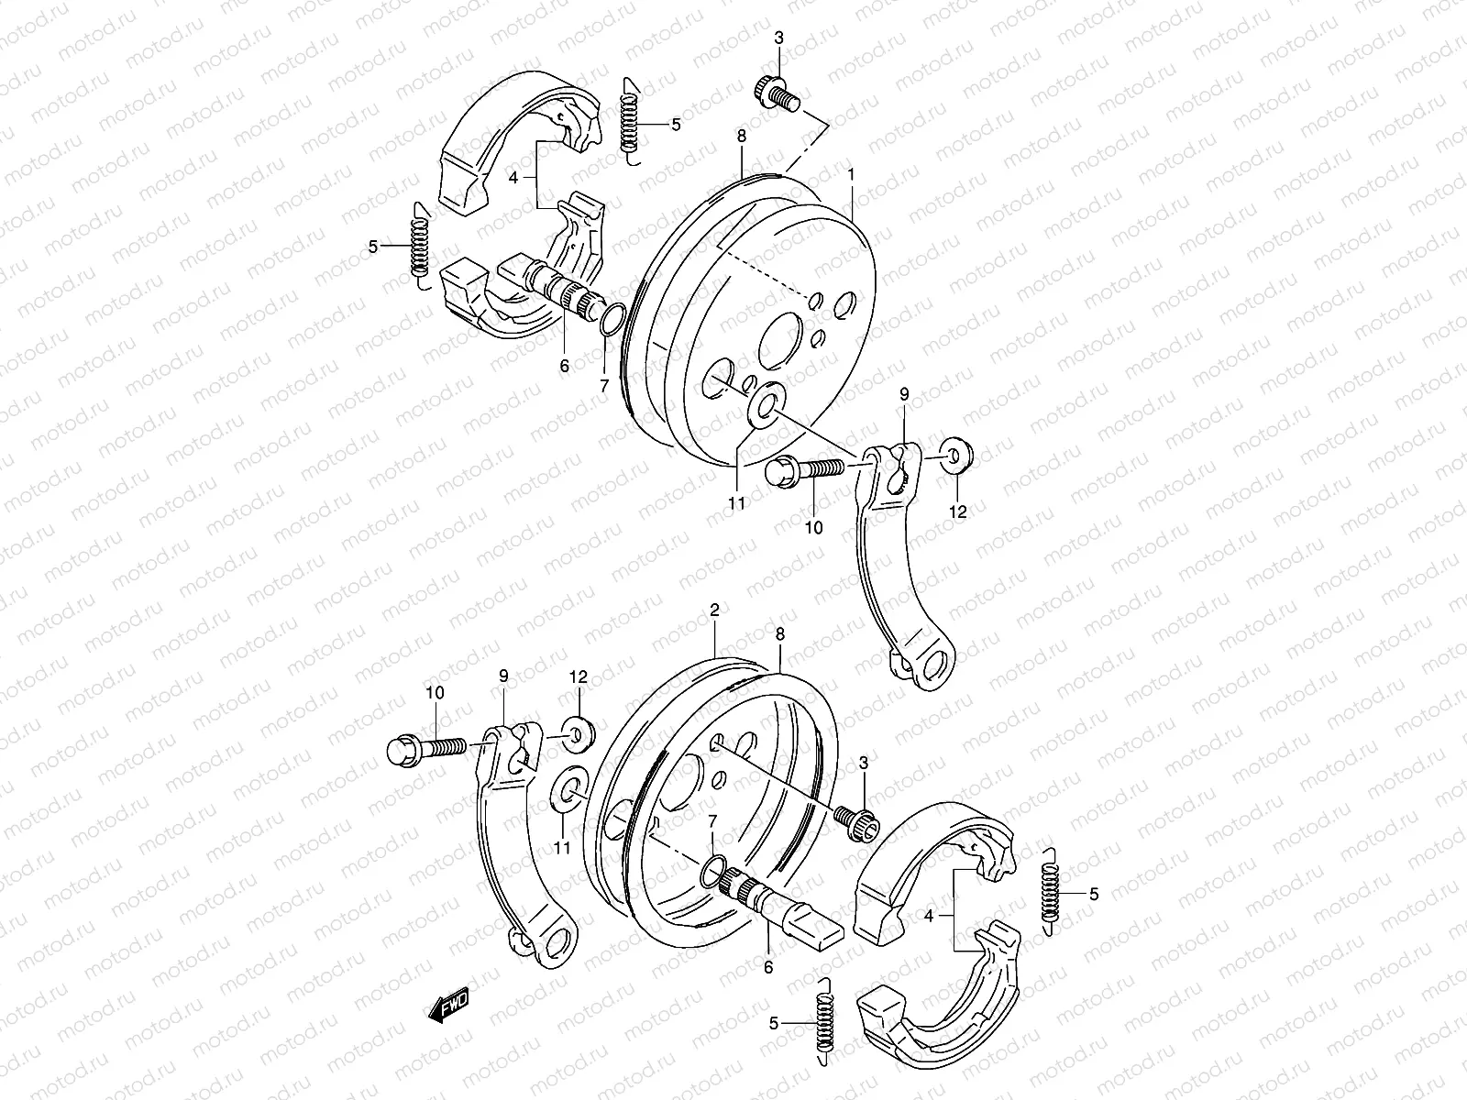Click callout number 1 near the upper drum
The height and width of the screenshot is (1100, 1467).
tap(851, 172)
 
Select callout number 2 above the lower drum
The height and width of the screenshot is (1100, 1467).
tap(714, 609)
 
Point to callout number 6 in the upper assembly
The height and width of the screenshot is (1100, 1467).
tap(564, 365)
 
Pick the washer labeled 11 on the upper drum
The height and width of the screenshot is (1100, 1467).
tap(765, 402)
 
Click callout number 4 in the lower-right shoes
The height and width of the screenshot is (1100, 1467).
tap(929, 915)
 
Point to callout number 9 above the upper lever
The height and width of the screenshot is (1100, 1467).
tap(903, 394)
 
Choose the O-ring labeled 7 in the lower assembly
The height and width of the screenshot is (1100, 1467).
tap(712, 873)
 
